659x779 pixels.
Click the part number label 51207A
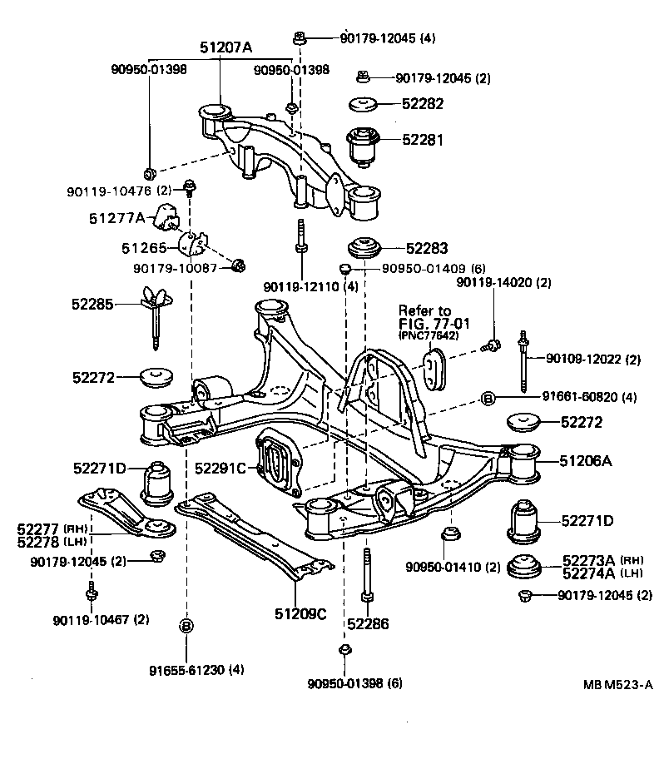click(x=225, y=48)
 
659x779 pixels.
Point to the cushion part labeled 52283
click(x=363, y=248)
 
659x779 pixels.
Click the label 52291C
click(x=220, y=469)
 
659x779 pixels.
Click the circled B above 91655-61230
click(x=186, y=625)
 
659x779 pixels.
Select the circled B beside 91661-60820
click(x=488, y=398)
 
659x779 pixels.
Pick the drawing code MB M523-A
click(x=617, y=685)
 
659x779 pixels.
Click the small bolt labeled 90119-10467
click(x=92, y=593)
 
